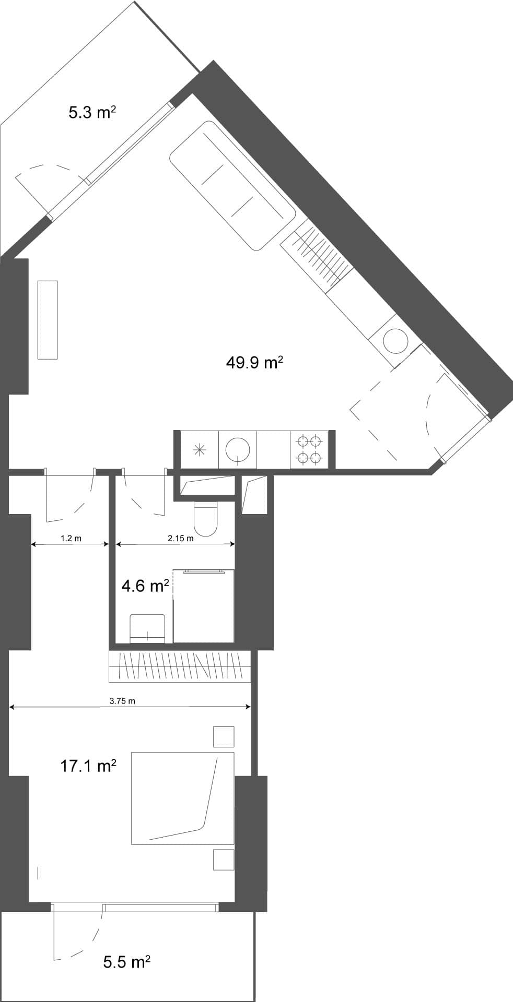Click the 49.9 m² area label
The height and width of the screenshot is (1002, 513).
[254, 362]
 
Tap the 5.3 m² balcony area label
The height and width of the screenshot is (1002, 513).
[92, 112]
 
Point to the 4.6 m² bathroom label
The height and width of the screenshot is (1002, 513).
[145, 586]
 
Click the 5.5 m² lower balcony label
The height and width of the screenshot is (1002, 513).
[127, 962]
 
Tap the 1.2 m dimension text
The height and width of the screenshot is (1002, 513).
[71, 539]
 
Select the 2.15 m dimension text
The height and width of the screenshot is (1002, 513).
[180, 539]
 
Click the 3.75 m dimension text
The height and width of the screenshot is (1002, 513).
[122, 701]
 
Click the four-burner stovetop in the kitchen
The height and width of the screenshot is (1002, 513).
[309, 450]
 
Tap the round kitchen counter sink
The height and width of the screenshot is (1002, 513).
[238, 449]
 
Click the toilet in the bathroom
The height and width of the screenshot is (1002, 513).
[205, 518]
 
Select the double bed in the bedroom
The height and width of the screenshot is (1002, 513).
[182, 798]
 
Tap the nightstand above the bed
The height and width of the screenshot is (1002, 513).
[224, 737]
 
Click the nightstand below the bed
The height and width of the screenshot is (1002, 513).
[224, 860]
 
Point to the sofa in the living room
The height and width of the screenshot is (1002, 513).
[232, 185]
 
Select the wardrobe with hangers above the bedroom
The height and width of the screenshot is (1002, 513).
[179, 666]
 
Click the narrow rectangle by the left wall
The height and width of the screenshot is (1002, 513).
[48, 319]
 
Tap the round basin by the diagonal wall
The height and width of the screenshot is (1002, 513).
[395, 341]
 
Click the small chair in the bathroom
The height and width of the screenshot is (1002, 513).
[147, 628]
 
